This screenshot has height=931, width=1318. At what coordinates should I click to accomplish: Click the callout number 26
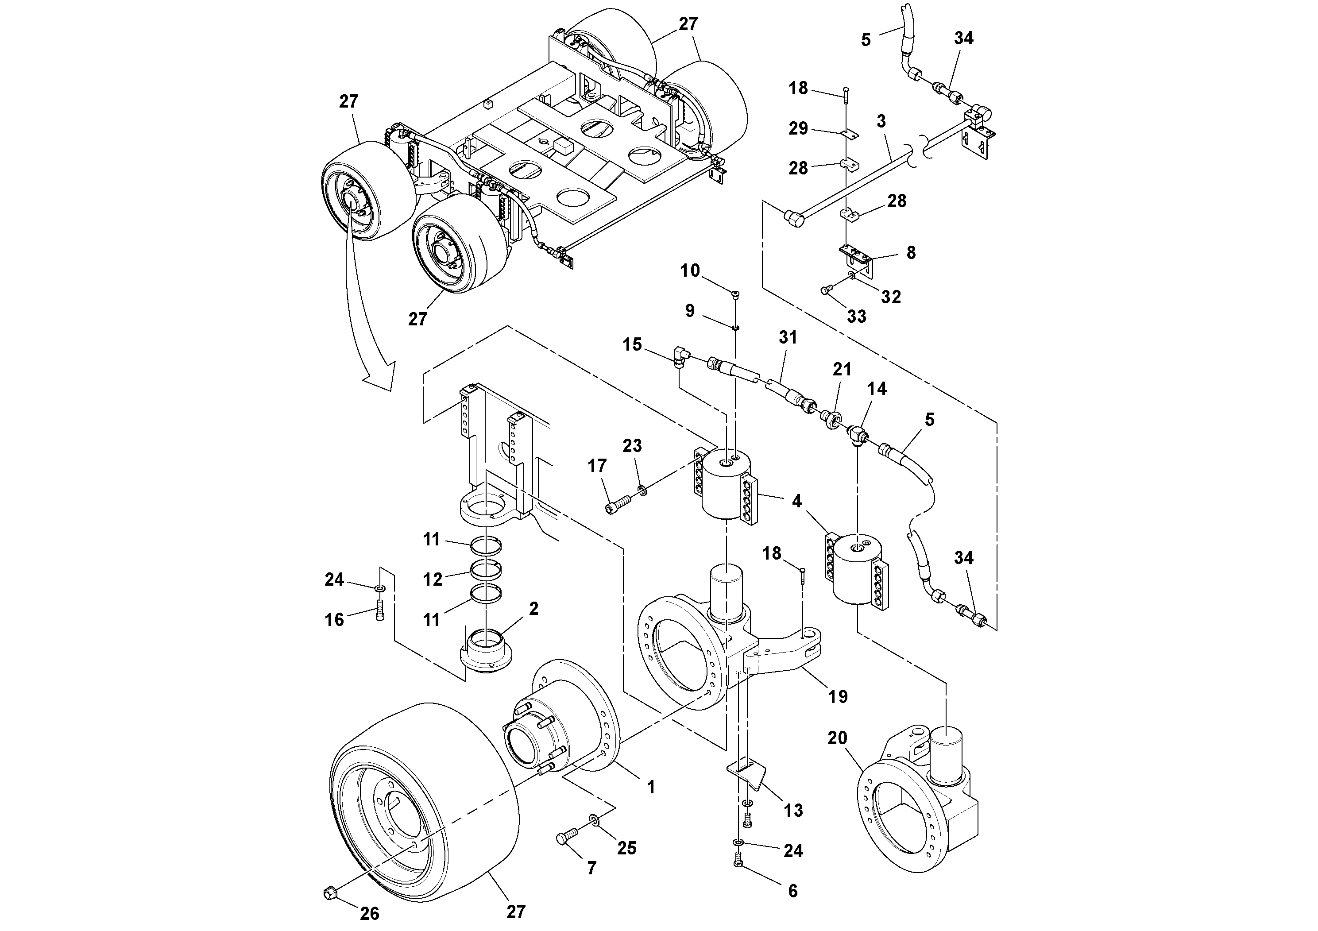click(x=370, y=913)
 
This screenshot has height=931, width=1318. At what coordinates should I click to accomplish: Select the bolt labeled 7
click(x=565, y=839)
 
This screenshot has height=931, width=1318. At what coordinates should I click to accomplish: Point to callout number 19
click(x=838, y=697)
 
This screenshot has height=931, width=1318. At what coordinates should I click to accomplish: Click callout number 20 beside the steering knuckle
click(x=837, y=738)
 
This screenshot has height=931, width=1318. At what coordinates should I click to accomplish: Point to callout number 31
click(x=788, y=337)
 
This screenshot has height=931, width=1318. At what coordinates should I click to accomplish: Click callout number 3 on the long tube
click(x=881, y=122)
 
